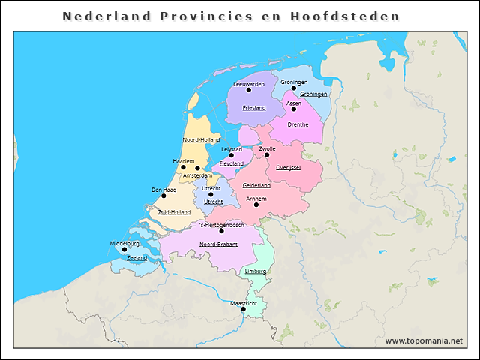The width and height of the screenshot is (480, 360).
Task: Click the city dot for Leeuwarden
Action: (249, 90)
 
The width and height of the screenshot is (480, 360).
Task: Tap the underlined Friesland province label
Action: (254, 108)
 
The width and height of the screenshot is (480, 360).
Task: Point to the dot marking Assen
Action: (294, 109)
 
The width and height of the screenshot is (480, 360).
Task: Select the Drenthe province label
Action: (298, 124)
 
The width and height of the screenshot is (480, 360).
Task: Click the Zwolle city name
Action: (267, 148)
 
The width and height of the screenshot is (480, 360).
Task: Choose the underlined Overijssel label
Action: (288, 167)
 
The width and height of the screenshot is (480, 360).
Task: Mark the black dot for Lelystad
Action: (232, 156)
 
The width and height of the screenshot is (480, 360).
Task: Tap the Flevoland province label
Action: (232, 163)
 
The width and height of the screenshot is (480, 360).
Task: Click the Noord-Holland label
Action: (201, 140)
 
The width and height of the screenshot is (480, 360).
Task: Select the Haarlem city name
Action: (184, 161)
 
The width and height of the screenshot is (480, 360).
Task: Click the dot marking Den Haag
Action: (163, 196)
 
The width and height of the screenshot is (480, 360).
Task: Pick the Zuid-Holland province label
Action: (174, 212)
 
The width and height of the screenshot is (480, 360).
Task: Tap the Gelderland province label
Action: (256, 185)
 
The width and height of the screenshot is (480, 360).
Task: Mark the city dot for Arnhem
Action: (256, 205)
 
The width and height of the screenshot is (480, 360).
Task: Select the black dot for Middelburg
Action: (124, 250)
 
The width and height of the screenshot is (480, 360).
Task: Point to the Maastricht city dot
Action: (243, 309)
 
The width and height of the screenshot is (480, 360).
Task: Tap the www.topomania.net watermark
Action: (424, 340)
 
